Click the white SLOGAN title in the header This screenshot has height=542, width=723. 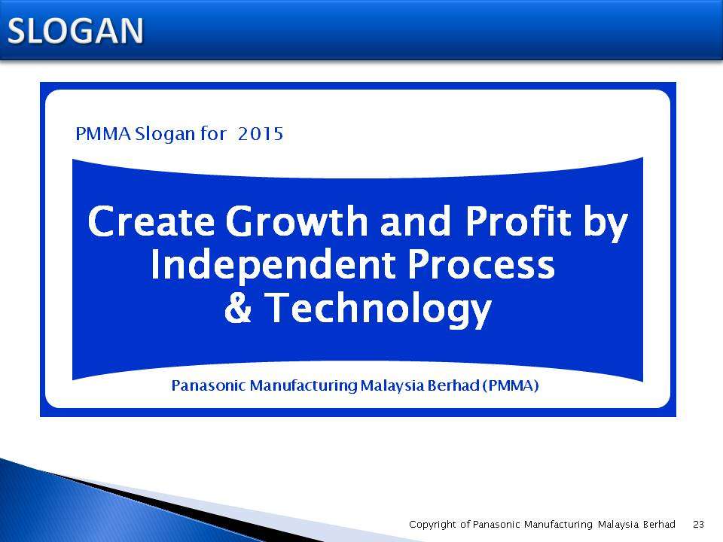[75, 31]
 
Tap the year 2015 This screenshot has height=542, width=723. [261, 134]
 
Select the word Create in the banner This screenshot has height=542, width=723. [151, 221]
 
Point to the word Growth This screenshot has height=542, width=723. [297, 221]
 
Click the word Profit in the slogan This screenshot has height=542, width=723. [519, 221]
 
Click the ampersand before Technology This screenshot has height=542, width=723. [238, 307]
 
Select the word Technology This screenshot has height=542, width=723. [378, 309]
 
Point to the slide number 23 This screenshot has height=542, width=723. [699, 524]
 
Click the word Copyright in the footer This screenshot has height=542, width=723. [432, 525]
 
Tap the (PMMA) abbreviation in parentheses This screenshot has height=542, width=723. [511, 385]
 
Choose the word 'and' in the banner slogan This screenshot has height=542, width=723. [415, 221]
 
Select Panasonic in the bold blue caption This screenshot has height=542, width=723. [208, 385]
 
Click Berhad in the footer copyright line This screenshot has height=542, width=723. [659, 524]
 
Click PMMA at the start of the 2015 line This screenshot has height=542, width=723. [103, 134]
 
